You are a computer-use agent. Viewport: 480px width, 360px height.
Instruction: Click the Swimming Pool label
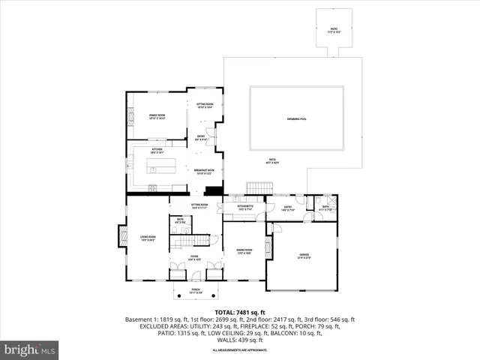click(x=297, y=119)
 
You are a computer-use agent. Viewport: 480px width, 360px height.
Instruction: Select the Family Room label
click(x=156, y=116)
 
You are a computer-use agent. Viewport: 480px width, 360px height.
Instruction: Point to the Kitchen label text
click(x=157, y=151)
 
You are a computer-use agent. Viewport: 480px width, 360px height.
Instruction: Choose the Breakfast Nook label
click(x=205, y=172)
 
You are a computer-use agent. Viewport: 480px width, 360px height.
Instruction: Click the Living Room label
click(x=147, y=238)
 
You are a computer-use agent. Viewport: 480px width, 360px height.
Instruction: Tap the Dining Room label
click(x=244, y=250)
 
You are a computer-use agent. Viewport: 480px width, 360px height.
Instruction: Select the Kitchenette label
click(x=245, y=207)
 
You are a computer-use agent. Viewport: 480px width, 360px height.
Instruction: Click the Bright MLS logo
click(x=30, y=349)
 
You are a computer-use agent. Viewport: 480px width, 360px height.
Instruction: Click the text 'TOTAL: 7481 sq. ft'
click(x=240, y=312)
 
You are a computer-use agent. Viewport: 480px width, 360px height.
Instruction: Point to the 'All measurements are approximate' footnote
click(x=240, y=350)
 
